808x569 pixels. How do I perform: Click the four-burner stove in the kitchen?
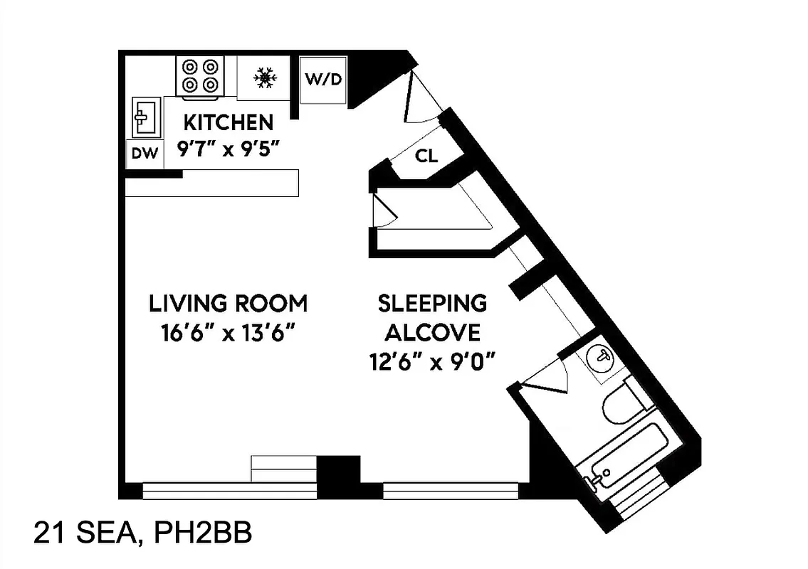pyautogui.click(x=199, y=75)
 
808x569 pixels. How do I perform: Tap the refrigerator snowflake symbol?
pyautogui.click(x=266, y=78)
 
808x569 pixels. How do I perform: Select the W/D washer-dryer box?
pyautogui.click(x=323, y=79)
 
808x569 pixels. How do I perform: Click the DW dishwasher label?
pyautogui.click(x=145, y=154)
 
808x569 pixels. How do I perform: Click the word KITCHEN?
pyautogui.click(x=228, y=122)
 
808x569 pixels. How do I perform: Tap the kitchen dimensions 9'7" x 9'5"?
pyautogui.click(x=226, y=150)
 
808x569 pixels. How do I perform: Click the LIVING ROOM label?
pyautogui.click(x=228, y=304)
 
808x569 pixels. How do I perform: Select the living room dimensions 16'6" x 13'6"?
pyautogui.click(x=228, y=333)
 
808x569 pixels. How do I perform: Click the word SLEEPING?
pyautogui.click(x=432, y=304)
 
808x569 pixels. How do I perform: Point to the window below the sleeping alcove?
pyautogui.click(x=451, y=491)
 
